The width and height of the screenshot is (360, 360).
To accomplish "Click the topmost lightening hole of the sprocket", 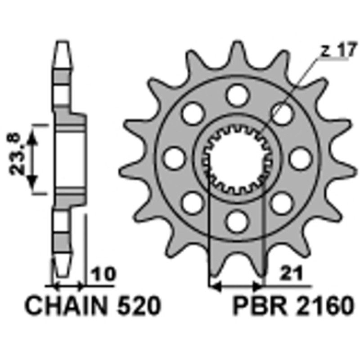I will coord(237,95).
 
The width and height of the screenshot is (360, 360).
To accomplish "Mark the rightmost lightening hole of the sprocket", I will coord(301,158).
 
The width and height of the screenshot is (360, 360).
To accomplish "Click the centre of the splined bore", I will coord(237,158).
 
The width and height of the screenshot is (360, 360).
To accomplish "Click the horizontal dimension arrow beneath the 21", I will coord(237,285).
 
